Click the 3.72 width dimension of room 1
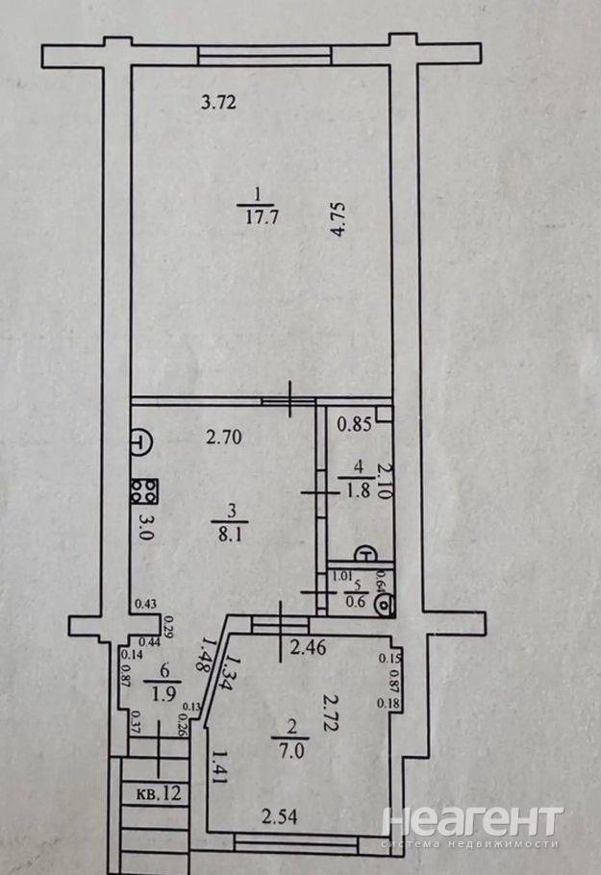(218, 103)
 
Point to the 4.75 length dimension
(339, 220)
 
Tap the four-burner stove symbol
(144, 491)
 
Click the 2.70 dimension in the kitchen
(224, 437)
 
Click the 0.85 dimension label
(355, 425)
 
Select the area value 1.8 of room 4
(359, 490)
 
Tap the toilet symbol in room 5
(385, 604)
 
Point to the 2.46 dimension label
(308, 647)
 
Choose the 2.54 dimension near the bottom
(280, 817)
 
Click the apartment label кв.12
(159, 793)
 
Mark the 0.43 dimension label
(146, 603)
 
